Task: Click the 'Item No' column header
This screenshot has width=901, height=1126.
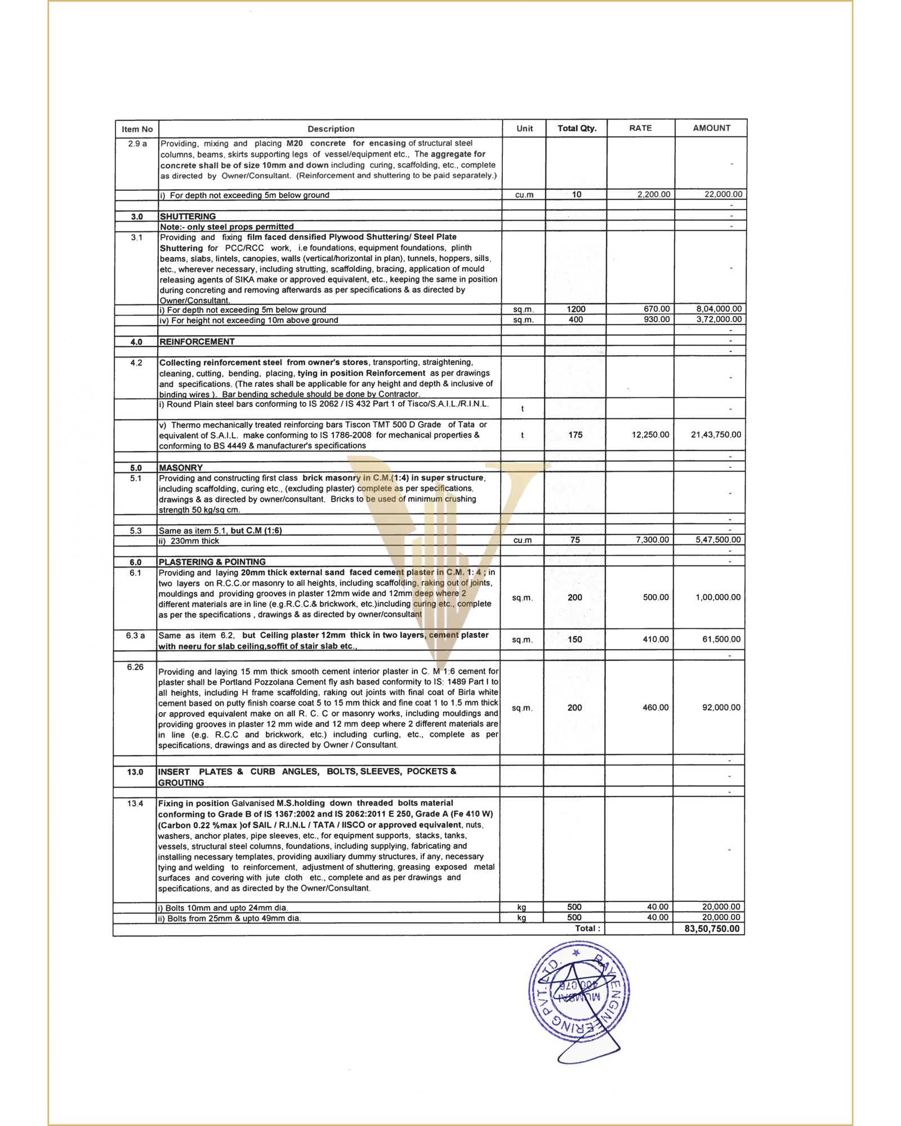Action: click(x=137, y=129)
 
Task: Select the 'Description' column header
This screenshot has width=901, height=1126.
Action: click(x=331, y=129)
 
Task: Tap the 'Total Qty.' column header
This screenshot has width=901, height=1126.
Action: click(x=577, y=128)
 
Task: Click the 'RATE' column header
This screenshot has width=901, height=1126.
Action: click(x=640, y=128)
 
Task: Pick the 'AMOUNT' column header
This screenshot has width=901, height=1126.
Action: click(x=711, y=128)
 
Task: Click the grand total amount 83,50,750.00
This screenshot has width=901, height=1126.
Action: click(x=712, y=929)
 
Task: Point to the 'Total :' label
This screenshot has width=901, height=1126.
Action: click(x=587, y=928)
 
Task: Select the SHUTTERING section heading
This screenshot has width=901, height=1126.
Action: click(x=188, y=216)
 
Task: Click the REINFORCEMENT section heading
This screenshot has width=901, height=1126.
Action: click(x=197, y=342)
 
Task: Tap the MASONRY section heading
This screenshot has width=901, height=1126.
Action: click(x=181, y=468)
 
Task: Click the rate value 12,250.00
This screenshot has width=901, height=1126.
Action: click(x=650, y=435)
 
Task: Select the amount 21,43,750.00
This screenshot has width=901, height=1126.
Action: click(x=716, y=435)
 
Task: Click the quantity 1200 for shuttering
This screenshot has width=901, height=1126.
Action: click(x=576, y=309)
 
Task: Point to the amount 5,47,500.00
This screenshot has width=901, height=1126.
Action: click(x=718, y=540)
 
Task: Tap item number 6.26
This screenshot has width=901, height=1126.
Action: click(x=135, y=667)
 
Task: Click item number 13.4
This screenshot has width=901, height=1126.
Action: click(x=135, y=803)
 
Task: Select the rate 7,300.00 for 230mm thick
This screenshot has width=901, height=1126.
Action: click(x=653, y=540)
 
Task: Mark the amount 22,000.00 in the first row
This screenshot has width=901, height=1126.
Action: click(x=723, y=194)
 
